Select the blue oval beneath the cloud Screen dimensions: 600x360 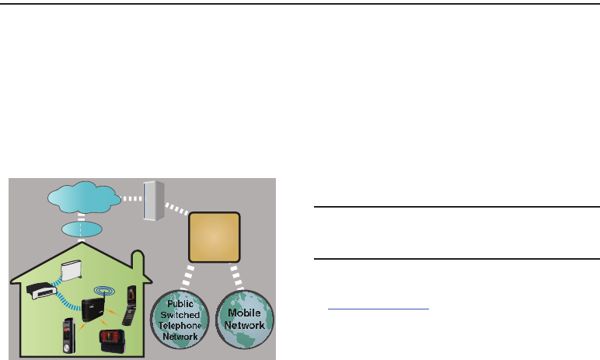point(80,231)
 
